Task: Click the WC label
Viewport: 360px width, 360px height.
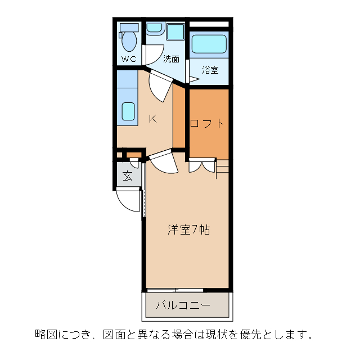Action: (x=129, y=58)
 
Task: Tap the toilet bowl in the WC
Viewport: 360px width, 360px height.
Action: (x=130, y=40)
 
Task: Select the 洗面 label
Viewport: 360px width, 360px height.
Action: (x=171, y=58)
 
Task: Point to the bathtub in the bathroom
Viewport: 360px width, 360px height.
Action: (x=209, y=43)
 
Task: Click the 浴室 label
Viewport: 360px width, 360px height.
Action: (x=210, y=70)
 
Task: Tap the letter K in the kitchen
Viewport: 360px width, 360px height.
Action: (x=152, y=119)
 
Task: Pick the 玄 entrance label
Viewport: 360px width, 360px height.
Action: (x=128, y=176)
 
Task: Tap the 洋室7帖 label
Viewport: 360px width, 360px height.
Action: (x=189, y=230)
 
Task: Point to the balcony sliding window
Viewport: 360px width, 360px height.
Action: (x=175, y=290)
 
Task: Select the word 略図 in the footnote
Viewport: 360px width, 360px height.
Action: (x=44, y=335)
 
